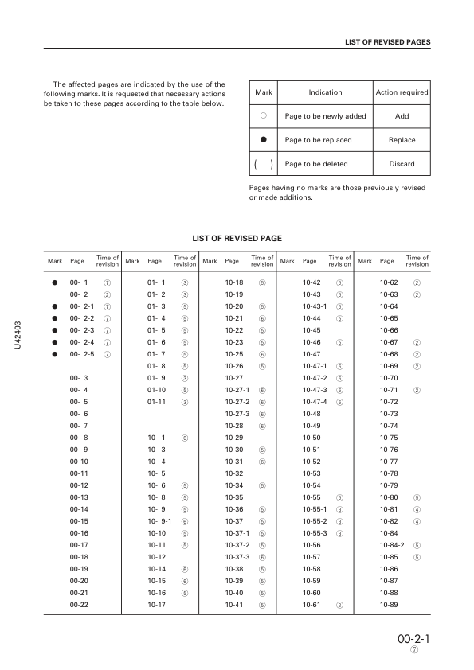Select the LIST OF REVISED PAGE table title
[x=237, y=238]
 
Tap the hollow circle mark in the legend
[x=263, y=116]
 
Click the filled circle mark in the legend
[x=263, y=139]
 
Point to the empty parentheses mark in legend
[x=263, y=164]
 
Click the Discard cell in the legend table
[x=402, y=164]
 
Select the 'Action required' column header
[x=402, y=92]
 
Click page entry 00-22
[x=79, y=605]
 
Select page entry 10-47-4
[x=315, y=402]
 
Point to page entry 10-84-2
[x=392, y=545]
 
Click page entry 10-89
[x=389, y=605]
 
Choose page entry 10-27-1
[x=237, y=390]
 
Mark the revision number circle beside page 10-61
[x=339, y=605]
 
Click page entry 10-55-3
[x=315, y=533]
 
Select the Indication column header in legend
[x=325, y=92]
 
